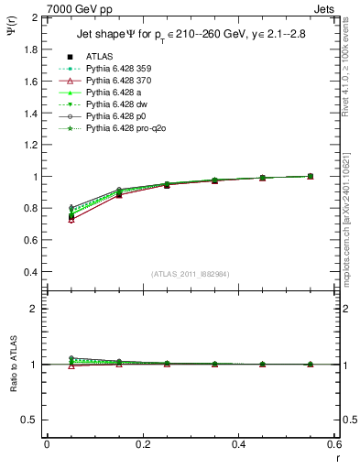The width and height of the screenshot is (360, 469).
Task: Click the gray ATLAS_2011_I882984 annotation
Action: point(191,274)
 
